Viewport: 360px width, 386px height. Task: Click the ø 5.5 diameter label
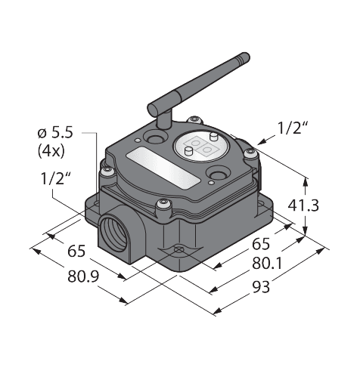[x=55, y=133]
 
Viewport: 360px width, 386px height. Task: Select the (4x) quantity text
[x=51, y=151]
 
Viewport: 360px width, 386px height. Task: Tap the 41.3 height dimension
[x=303, y=205]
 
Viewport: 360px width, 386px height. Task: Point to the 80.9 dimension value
[x=83, y=276]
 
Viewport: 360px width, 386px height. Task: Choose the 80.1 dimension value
[x=267, y=264]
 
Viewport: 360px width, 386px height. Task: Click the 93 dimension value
[x=261, y=287]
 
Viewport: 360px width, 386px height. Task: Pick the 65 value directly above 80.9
[x=76, y=252]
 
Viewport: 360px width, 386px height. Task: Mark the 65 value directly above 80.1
[x=261, y=244]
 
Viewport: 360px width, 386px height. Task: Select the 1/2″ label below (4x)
[x=55, y=179]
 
